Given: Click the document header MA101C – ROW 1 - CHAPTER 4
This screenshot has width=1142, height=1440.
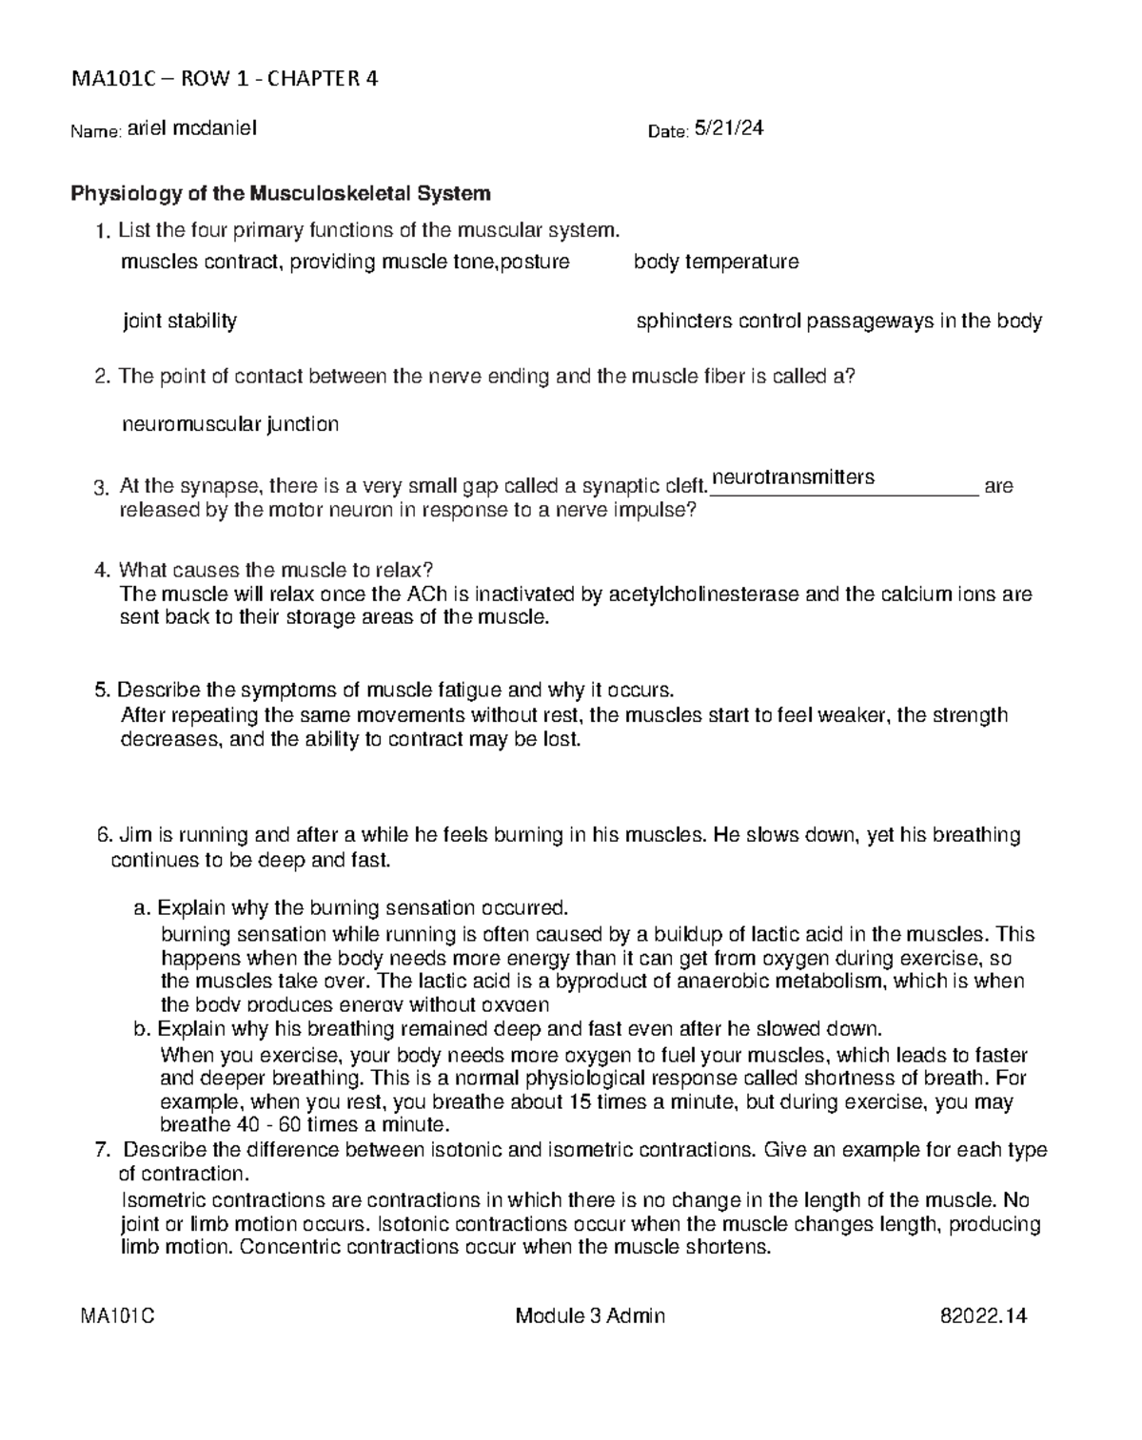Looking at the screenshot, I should coord(225,79).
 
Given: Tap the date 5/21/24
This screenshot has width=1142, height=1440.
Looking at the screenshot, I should coord(728,128).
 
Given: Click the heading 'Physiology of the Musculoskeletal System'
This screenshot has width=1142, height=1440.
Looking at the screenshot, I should coord(281,194).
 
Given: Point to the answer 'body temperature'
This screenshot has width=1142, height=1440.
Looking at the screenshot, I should coord(716,262).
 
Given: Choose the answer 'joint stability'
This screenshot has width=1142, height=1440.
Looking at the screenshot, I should coord(180,321).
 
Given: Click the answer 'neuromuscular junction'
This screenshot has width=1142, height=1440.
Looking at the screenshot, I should coord(230,424).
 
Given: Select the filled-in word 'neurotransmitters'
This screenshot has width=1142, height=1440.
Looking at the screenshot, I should coord(793,477).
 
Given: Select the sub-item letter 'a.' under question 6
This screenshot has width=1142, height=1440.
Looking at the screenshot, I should coord(142,907).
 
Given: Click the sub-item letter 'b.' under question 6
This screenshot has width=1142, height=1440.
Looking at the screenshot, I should coord(142,1029).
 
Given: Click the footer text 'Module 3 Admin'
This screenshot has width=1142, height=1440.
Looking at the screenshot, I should coord(590,1316).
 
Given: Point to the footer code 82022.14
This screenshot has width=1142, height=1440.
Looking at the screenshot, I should coord(983,1316).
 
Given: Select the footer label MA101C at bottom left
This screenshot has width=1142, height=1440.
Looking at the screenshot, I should coord(118,1316).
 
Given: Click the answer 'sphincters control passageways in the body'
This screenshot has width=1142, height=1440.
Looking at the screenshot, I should coord(838,321).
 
